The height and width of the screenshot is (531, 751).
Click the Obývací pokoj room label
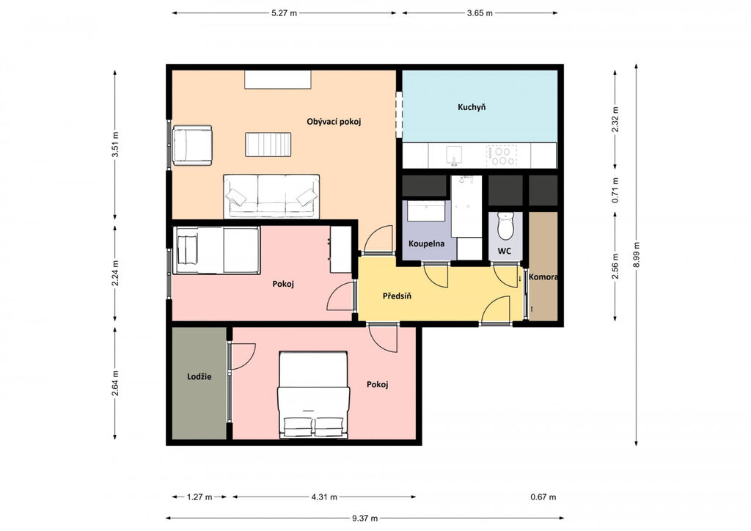(334, 122)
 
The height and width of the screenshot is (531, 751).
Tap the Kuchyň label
(472, 107)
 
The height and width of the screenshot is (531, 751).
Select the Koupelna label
(426, 243)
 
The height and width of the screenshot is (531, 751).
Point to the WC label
(505, 251)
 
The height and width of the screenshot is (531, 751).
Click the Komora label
(543, 277)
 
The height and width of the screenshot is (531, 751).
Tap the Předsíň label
(397, 296)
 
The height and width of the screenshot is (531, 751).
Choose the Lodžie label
(199, 376)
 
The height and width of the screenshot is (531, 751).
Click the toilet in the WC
(506, 225)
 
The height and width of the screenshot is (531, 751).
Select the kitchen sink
(454, 155)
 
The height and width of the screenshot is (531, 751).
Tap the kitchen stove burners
(502, 155)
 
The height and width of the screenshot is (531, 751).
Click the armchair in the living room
(192, 145)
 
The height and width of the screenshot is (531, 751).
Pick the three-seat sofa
(271, 197)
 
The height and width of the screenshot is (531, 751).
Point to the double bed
(313, 395)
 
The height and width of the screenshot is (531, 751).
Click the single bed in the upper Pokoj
(216, 250)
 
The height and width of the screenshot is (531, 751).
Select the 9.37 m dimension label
(365, 518)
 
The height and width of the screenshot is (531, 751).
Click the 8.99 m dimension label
(636, 254)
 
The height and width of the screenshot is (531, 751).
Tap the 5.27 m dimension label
(284, 13)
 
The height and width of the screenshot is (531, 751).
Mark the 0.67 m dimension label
(543, 497)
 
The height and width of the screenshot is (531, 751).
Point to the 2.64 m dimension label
(115, 383)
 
